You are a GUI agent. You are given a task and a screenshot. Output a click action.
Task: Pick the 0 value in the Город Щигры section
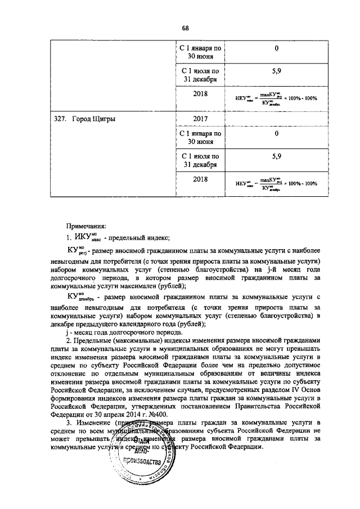[277, 134]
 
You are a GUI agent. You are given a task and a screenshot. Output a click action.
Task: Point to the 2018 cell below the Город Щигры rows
[200, 179]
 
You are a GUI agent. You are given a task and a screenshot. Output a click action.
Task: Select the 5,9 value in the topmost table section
[277, 72]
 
